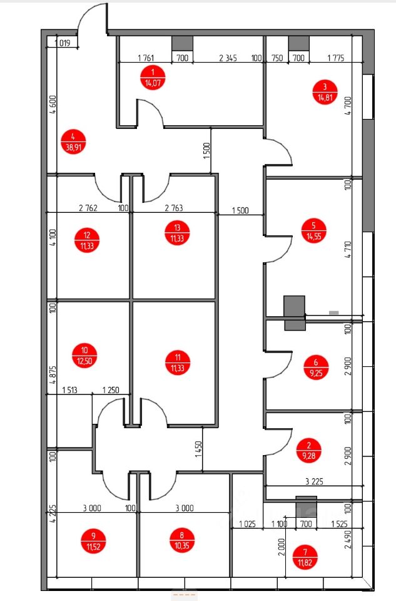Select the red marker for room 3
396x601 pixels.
(x=325, y=91)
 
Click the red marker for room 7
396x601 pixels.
(x=305, y=557)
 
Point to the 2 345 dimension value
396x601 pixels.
(x=228, y=58)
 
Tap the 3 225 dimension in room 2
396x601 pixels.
(x=313, y=481)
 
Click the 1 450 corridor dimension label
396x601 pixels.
(x=198, y=448)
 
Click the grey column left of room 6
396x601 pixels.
(x=294, y=312)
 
